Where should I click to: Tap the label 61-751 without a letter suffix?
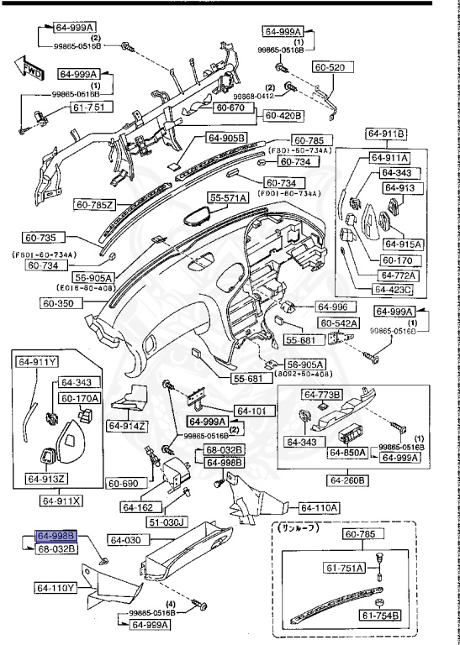click(68, 108)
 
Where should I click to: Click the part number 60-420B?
click(284, 115)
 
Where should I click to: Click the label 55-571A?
click(229, 198)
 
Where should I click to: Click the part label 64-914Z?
click(127, 426)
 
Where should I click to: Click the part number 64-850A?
click(347, 453)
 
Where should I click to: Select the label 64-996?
click(332, 307)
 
